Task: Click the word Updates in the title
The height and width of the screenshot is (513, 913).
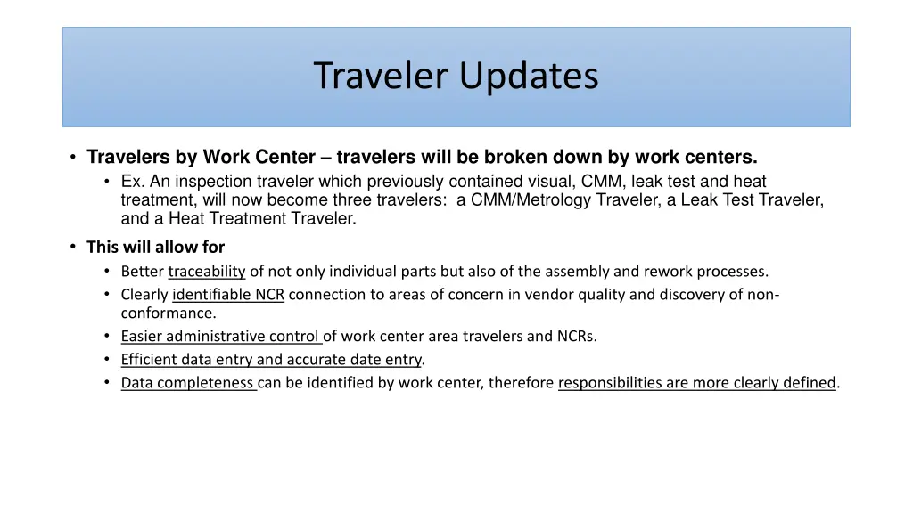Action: pos(529,77)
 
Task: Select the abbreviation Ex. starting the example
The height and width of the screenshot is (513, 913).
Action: pos(132,182)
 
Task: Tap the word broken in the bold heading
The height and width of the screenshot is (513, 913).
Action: pos(513,158)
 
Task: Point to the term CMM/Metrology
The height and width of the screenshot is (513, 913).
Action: pos(523,200)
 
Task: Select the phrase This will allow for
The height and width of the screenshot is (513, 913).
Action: pos(155,247)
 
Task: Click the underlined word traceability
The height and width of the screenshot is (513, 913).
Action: pos(206,272)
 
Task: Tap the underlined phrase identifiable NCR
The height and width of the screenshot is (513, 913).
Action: pos(228,295)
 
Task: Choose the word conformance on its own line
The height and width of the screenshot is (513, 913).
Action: pos(168,313)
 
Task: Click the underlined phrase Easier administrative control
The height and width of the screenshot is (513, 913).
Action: pos(221,337)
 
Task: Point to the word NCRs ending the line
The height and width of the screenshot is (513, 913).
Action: pos(578,337)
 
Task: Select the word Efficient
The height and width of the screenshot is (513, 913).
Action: pos(151,360)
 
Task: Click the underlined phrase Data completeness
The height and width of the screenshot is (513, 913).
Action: pos(188,383)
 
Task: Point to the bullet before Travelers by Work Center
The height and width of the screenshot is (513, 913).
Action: pos(72,158)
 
